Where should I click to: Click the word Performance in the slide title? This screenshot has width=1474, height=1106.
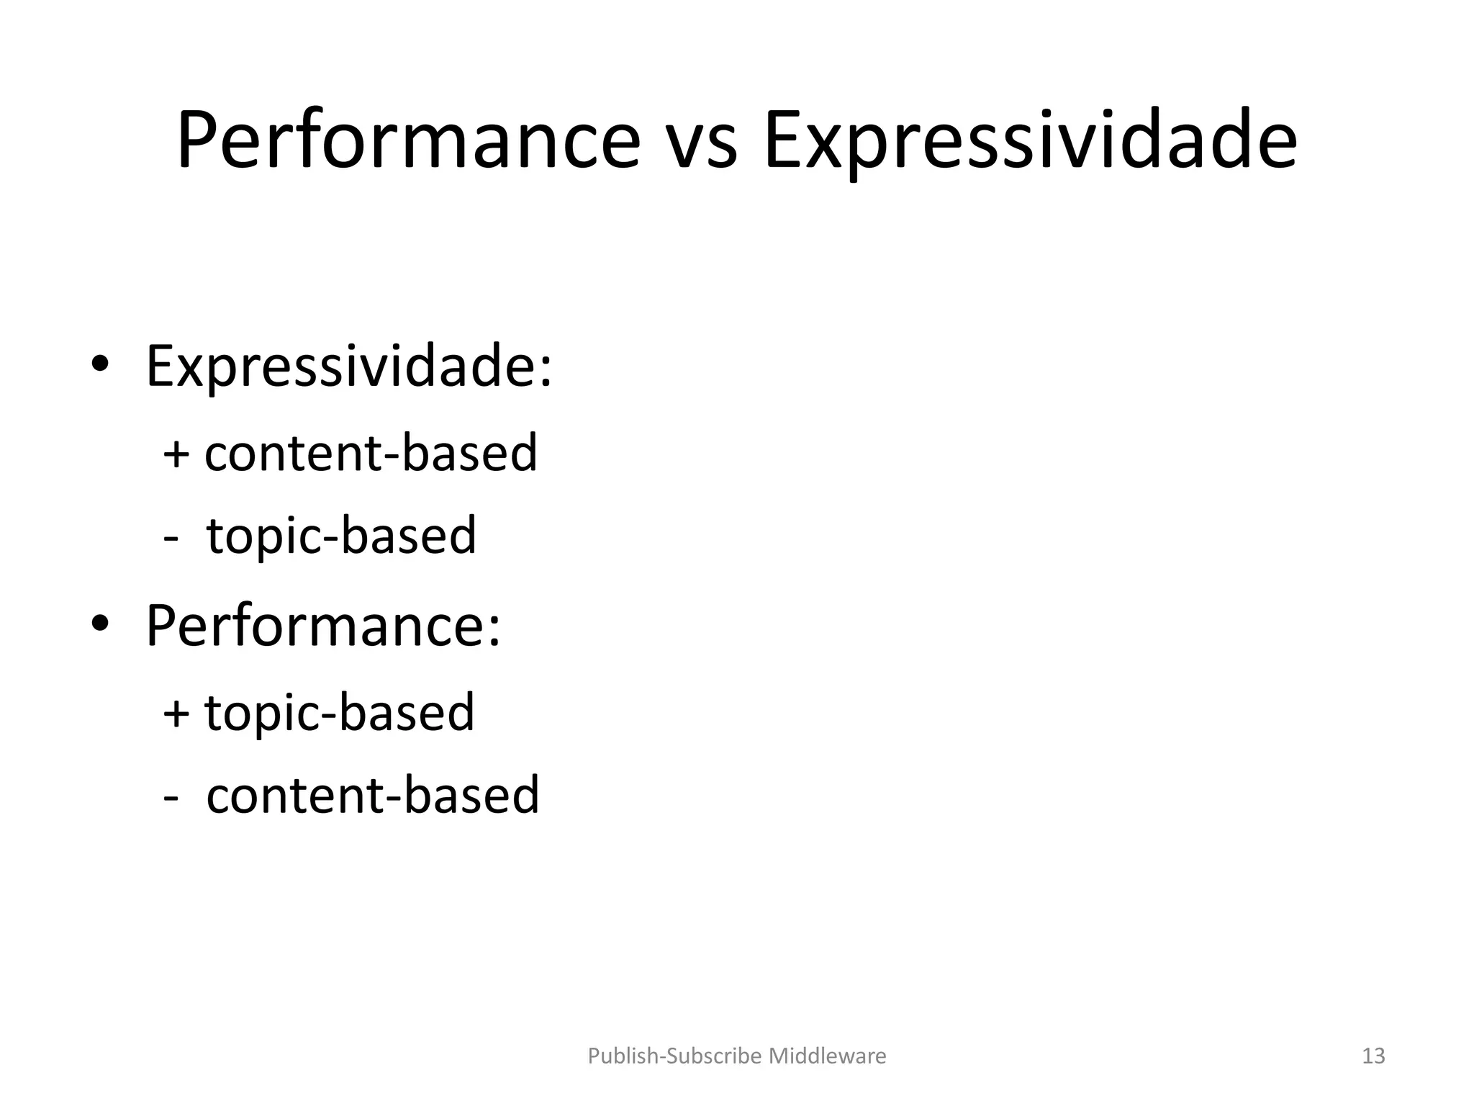[x=408, y=140]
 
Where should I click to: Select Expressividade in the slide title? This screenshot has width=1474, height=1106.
[x=1030, y=140]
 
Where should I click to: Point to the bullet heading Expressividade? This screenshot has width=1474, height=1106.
[x=349, y=367]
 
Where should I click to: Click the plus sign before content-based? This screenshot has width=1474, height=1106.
[x=176, y=454]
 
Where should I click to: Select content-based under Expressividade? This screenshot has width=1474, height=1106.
[x=371, y=453]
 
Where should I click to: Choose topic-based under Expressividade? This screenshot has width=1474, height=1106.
[x=341, y=536]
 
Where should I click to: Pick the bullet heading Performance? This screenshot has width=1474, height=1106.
[x=323, y=625]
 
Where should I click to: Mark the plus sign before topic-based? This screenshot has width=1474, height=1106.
[x=176, y=714]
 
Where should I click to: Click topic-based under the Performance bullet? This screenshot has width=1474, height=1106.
[x=340, y=713]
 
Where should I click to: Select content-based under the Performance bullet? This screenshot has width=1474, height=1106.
[x=373, y=796]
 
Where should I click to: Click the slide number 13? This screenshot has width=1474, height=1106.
[x=1373, y=1056]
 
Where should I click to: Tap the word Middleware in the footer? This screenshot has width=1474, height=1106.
[x=828, y=1056]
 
